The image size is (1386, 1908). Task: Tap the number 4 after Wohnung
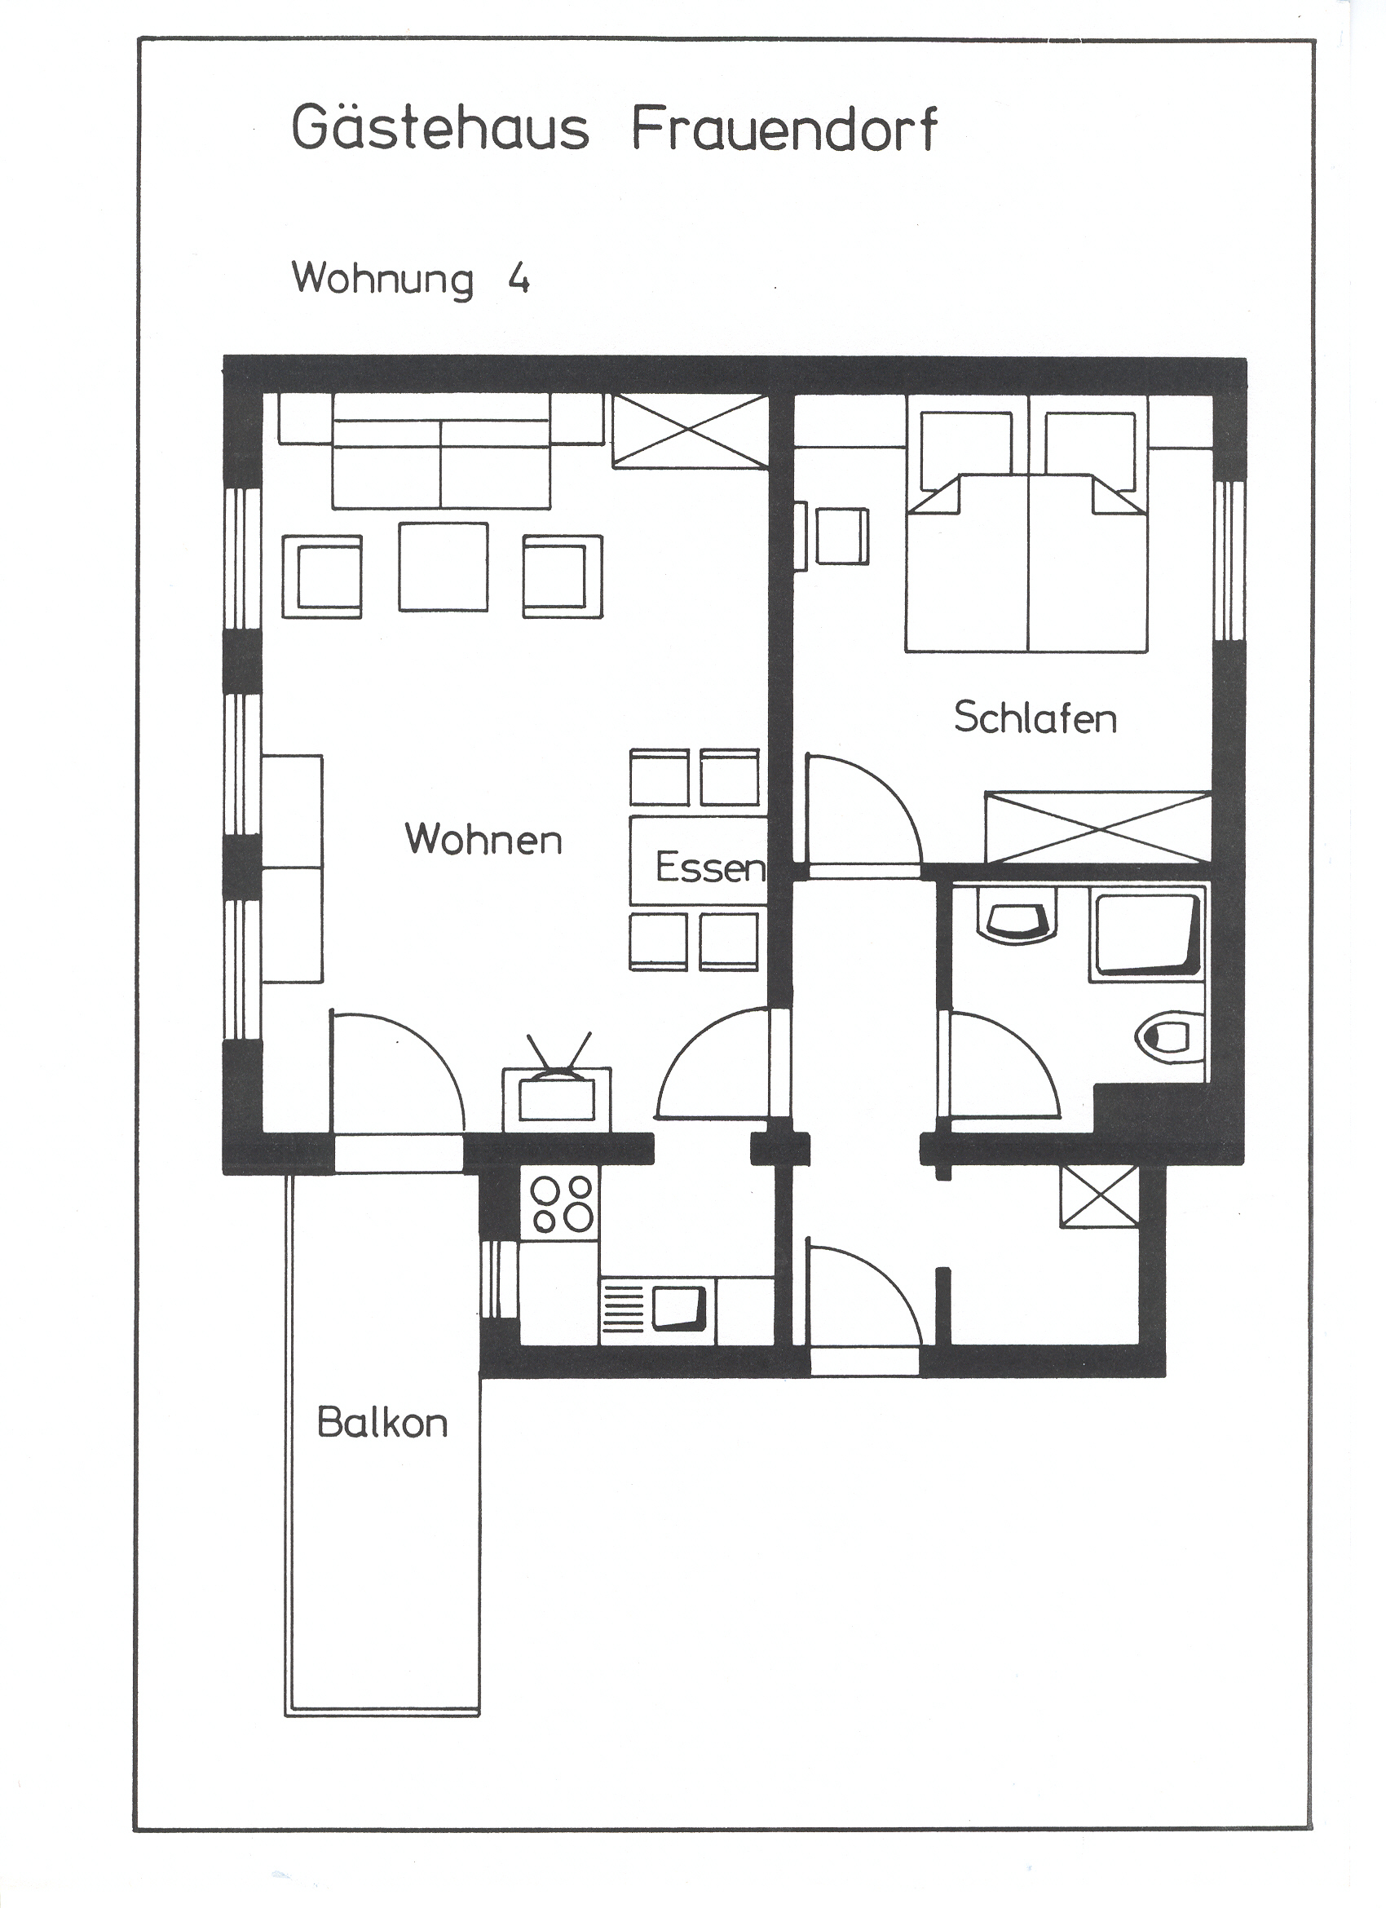pyautogui.click(x=519, y=279)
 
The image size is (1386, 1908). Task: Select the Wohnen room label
pyautogui.click(x=483, y=839)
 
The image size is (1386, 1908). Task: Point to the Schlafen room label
pyautogui.click(x=1035, y=718)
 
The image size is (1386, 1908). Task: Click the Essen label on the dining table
pyautogui.click(x=710, y=868)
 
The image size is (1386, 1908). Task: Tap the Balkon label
pyautogui.click(x=382, y=1423)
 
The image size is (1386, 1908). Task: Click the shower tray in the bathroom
pyautogui.click(x=1147, y=934)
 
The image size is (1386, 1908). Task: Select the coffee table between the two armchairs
pyautogui.click(x=444, y=567)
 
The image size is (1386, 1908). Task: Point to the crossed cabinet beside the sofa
pyautogui.click(x=690, y=430)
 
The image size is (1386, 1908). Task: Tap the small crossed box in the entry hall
pyautogui.click(x=1098, y=1196)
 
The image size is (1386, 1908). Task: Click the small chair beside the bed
pyautogui.click(x=842, y=536)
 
